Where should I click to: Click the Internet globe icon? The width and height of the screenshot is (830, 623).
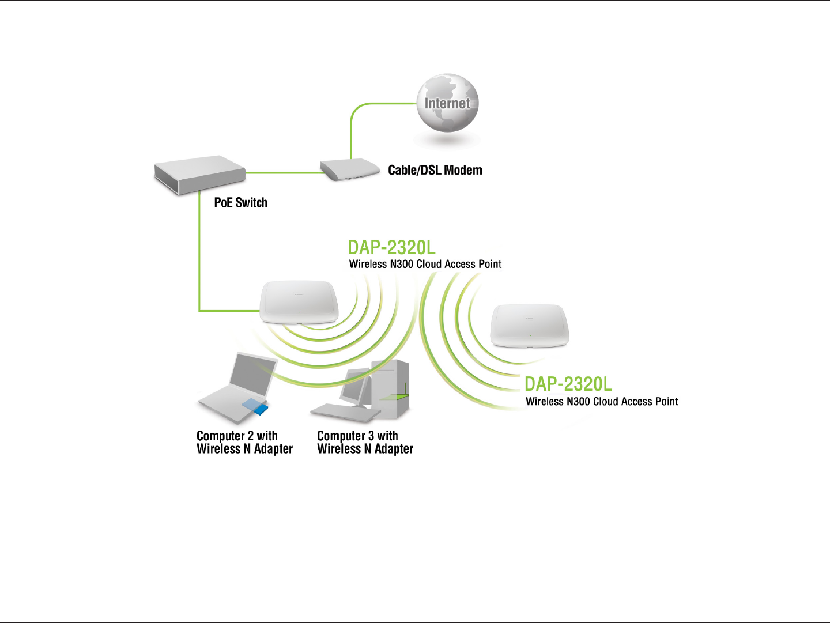tap(447, 104)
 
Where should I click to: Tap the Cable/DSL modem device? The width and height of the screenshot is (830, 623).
tap(350, 169)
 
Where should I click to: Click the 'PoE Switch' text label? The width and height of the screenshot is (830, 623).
tap(240, 203)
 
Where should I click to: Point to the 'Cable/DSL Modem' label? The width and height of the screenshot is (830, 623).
tap(435, 171)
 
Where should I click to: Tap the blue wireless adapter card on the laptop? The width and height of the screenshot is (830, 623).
tap(255, 406)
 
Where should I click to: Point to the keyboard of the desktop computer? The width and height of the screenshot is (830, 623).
tap(345, 411)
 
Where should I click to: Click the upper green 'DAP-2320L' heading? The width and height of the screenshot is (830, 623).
tap(391, 248)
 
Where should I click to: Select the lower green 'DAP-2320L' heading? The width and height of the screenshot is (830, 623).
tap(568, 384)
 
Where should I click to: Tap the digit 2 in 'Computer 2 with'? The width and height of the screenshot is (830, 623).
tap(251, 436)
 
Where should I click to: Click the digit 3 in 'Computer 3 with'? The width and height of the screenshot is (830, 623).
tap(371, 436)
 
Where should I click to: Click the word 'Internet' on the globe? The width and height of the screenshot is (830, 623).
tap(447, 104)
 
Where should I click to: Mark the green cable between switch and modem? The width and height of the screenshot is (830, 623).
tap(282, 172)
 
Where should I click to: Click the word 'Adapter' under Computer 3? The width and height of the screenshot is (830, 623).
tap(394, 449)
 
